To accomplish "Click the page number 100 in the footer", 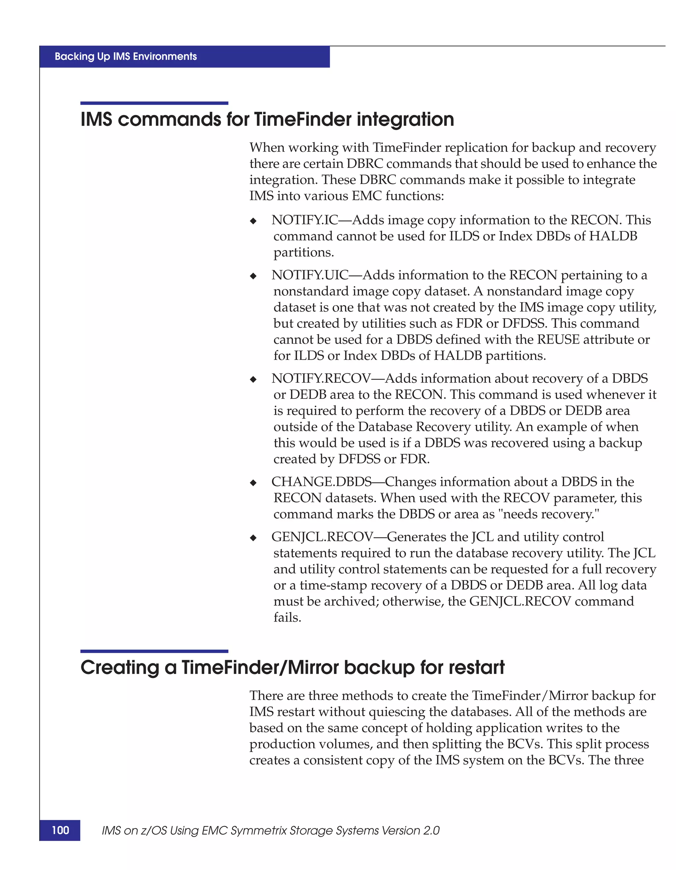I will tap(60, 830).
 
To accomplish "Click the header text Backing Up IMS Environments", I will tap(126, 57).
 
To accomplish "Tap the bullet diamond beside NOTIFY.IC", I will tap(253, 221).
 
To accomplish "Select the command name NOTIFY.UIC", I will tap(310, 275).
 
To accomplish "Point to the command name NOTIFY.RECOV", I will tap(321, 378).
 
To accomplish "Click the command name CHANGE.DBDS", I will tap(321, 482).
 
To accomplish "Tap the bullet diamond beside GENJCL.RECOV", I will tap(253, 538).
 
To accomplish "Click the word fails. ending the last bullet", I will tap(287, 618).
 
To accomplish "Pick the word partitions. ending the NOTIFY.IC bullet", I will tap(304, 252).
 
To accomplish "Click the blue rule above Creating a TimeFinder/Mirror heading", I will tap(154, 651).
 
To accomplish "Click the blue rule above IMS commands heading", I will tap(154, 103).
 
